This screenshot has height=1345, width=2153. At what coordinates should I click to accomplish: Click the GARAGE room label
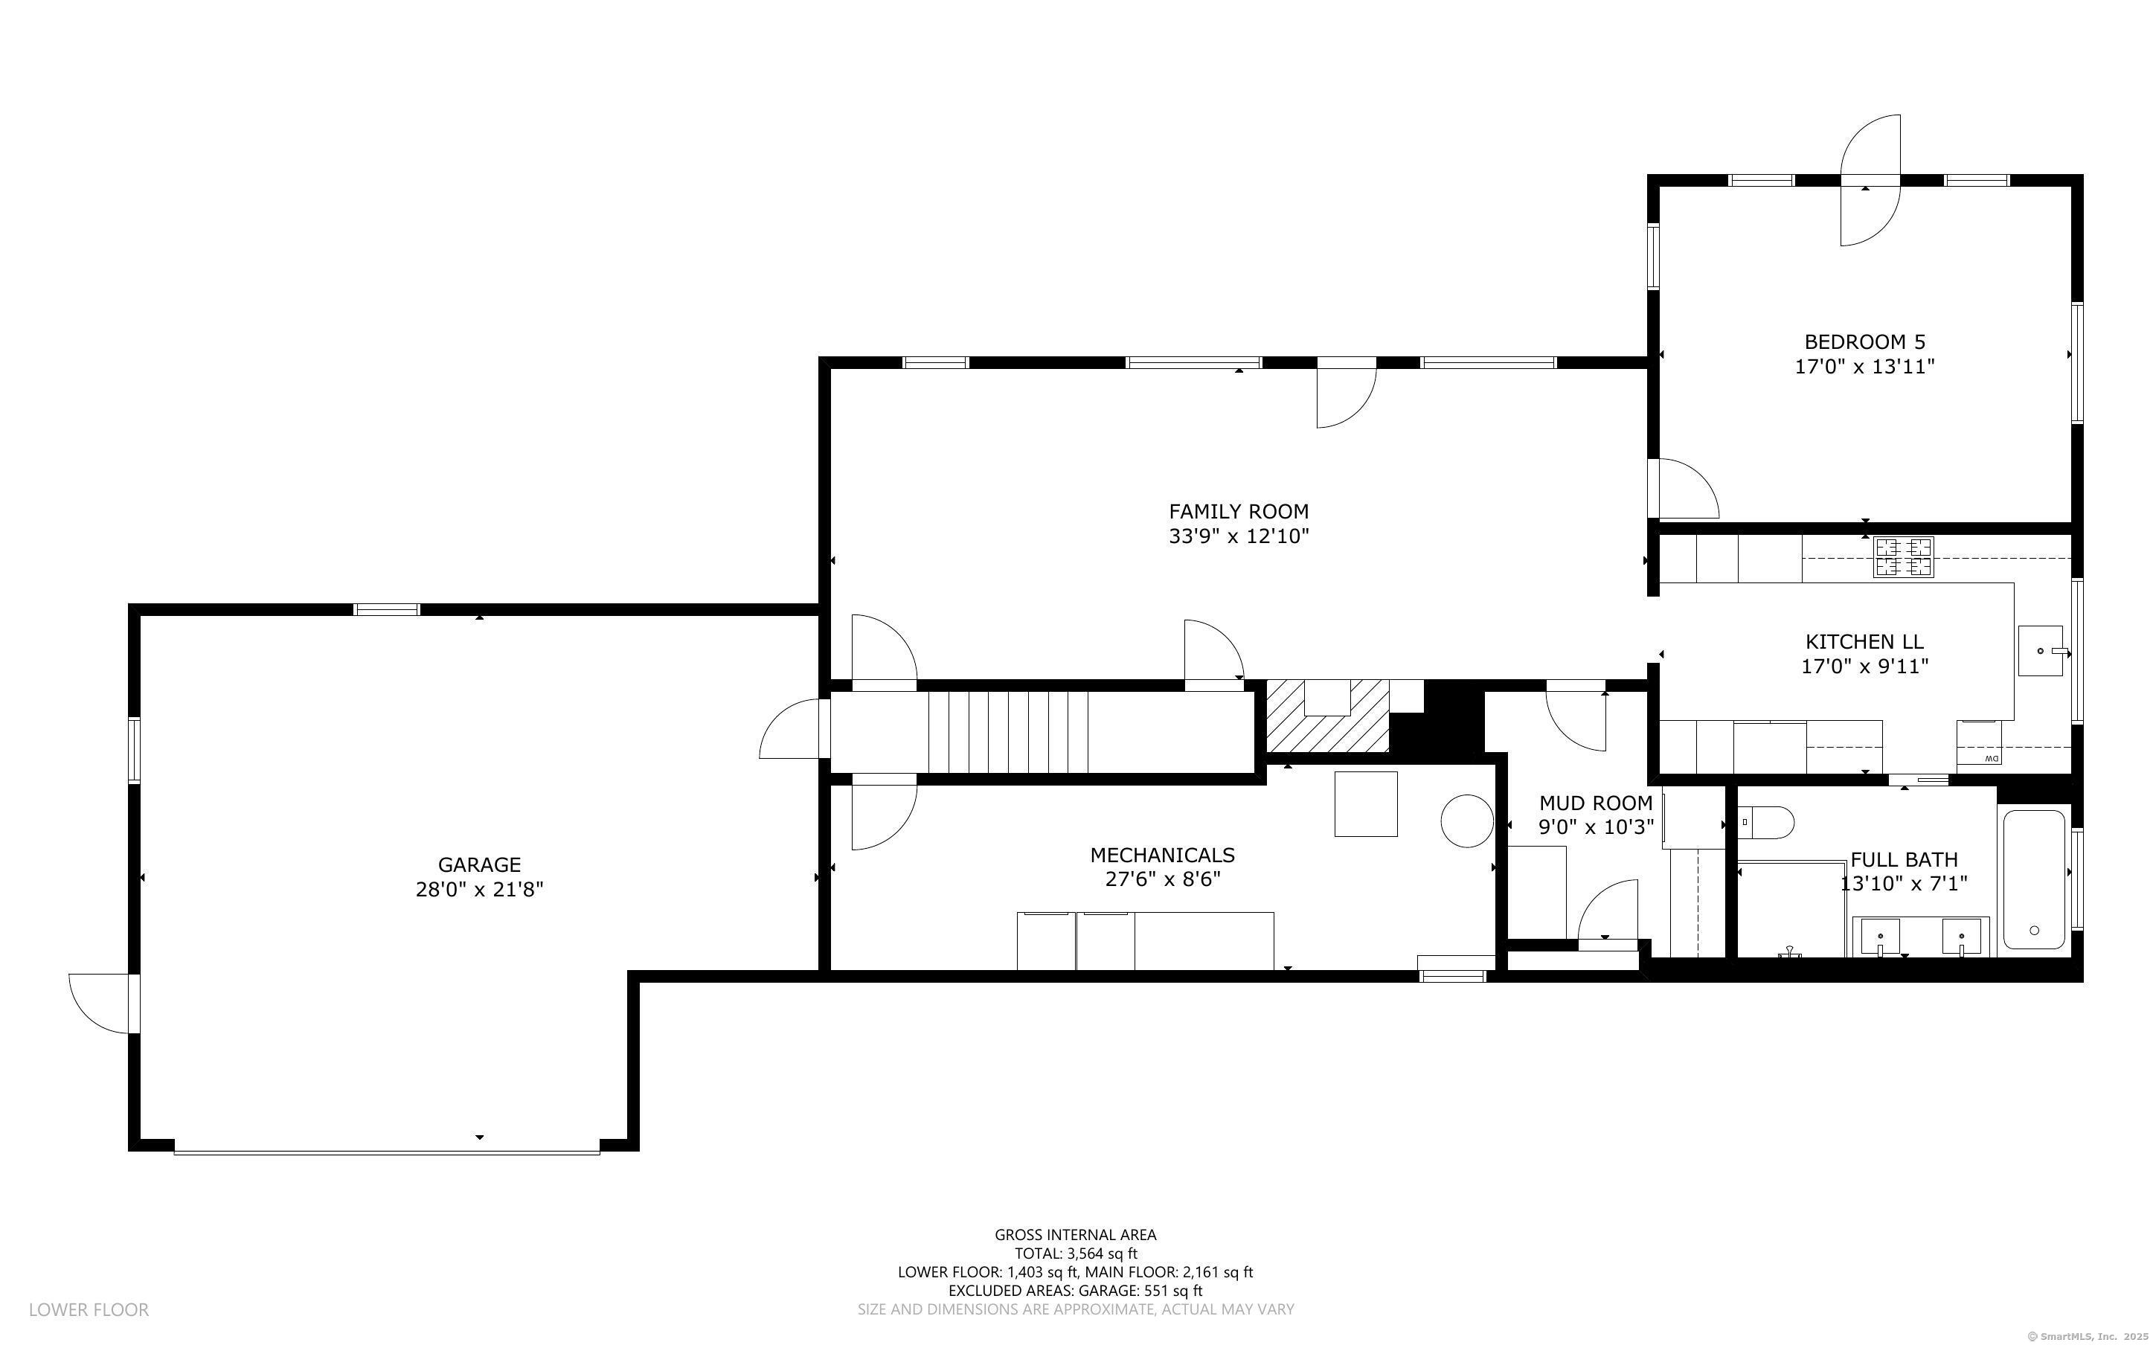(479, 864)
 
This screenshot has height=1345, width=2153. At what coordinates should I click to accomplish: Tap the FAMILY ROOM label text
(1239, 512)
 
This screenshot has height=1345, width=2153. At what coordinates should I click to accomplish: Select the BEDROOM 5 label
(1865, 341)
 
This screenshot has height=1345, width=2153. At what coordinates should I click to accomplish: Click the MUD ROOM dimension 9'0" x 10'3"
(1597, 827)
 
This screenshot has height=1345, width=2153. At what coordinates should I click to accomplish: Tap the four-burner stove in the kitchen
(1903, 557)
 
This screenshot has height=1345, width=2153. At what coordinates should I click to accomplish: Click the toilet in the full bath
(1766, 822)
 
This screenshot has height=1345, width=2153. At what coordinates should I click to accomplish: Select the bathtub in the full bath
(2034, 879)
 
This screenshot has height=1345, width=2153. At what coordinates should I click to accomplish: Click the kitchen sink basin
(2041, 651)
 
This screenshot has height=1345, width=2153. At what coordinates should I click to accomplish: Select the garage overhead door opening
(387, 1152)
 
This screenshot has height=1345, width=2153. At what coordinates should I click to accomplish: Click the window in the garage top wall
(387, 609)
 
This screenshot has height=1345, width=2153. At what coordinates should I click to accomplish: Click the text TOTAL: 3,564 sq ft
(1076, 1253)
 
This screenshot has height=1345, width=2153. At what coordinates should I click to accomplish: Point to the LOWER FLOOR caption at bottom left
(89, 1309)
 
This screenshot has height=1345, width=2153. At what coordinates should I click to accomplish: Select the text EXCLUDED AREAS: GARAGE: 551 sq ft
(1075, 1291)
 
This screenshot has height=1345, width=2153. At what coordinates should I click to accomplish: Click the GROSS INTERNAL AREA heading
(1075, 1235)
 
